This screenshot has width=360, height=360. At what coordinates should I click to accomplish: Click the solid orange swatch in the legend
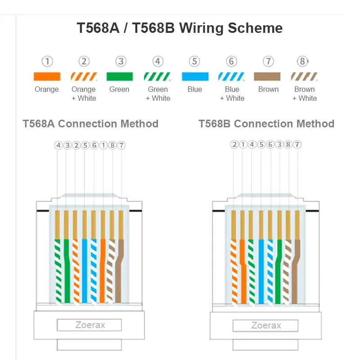[47, 76]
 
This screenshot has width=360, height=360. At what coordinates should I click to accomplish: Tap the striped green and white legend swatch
[157, 76]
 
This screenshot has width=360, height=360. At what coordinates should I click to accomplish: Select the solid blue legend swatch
[195, 76]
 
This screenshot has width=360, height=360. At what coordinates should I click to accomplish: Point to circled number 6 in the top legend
[231, 62]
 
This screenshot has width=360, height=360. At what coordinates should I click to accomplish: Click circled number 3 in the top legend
[120, 62]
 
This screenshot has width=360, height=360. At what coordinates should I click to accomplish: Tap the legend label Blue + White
[232, 94]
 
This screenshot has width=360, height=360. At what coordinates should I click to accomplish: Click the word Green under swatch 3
[119, 89]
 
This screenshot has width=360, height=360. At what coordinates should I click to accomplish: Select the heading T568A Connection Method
[90, 123]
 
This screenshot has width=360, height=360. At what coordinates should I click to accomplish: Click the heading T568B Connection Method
[266, 123]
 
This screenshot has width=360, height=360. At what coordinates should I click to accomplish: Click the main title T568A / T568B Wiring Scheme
[180, 28]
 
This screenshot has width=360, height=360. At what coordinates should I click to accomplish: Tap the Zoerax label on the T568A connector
[90, 325]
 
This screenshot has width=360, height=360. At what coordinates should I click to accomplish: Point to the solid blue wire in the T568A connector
[85, 270]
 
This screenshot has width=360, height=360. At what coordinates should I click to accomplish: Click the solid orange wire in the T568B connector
[243, 270]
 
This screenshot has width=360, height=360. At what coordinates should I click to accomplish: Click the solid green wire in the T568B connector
[279, 270]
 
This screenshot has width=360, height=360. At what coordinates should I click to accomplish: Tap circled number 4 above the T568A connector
[58, 145]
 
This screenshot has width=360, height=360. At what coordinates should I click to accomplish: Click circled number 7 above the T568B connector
[297, 144]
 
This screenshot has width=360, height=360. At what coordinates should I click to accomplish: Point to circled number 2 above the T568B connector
[234, 144]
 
